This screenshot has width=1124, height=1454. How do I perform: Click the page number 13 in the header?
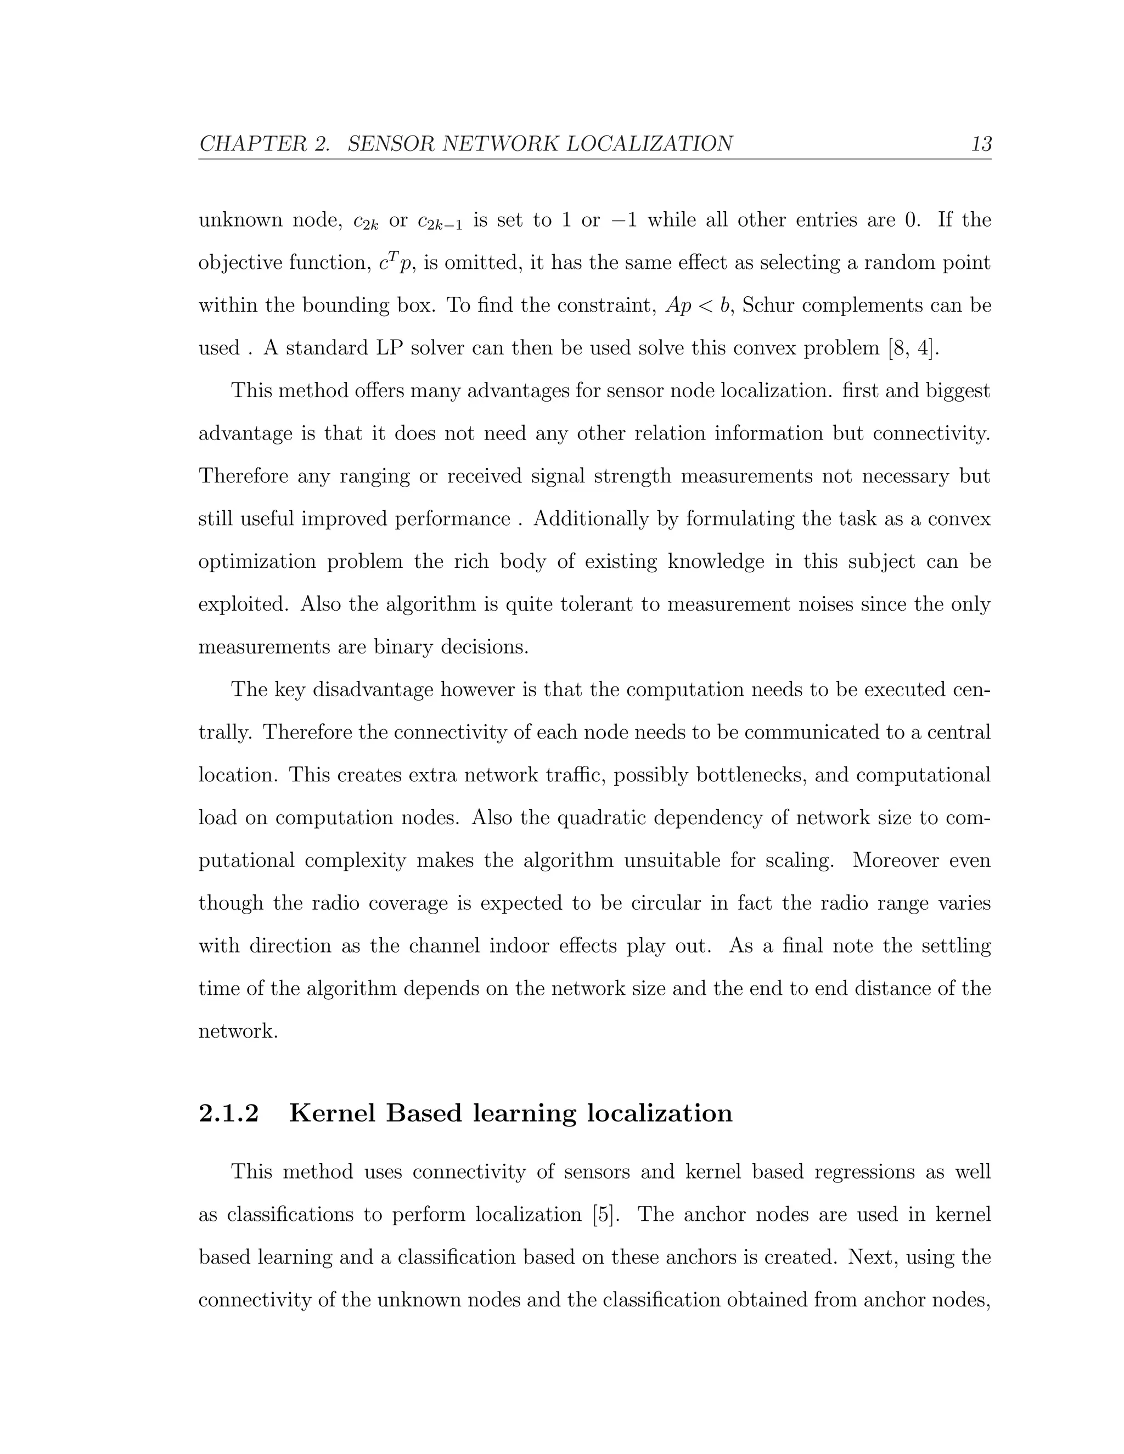click(x=981, y=144)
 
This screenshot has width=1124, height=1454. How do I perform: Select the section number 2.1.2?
click(x=228, y=1114)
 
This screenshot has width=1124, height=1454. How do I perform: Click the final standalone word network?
click(x=237, y=1032)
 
